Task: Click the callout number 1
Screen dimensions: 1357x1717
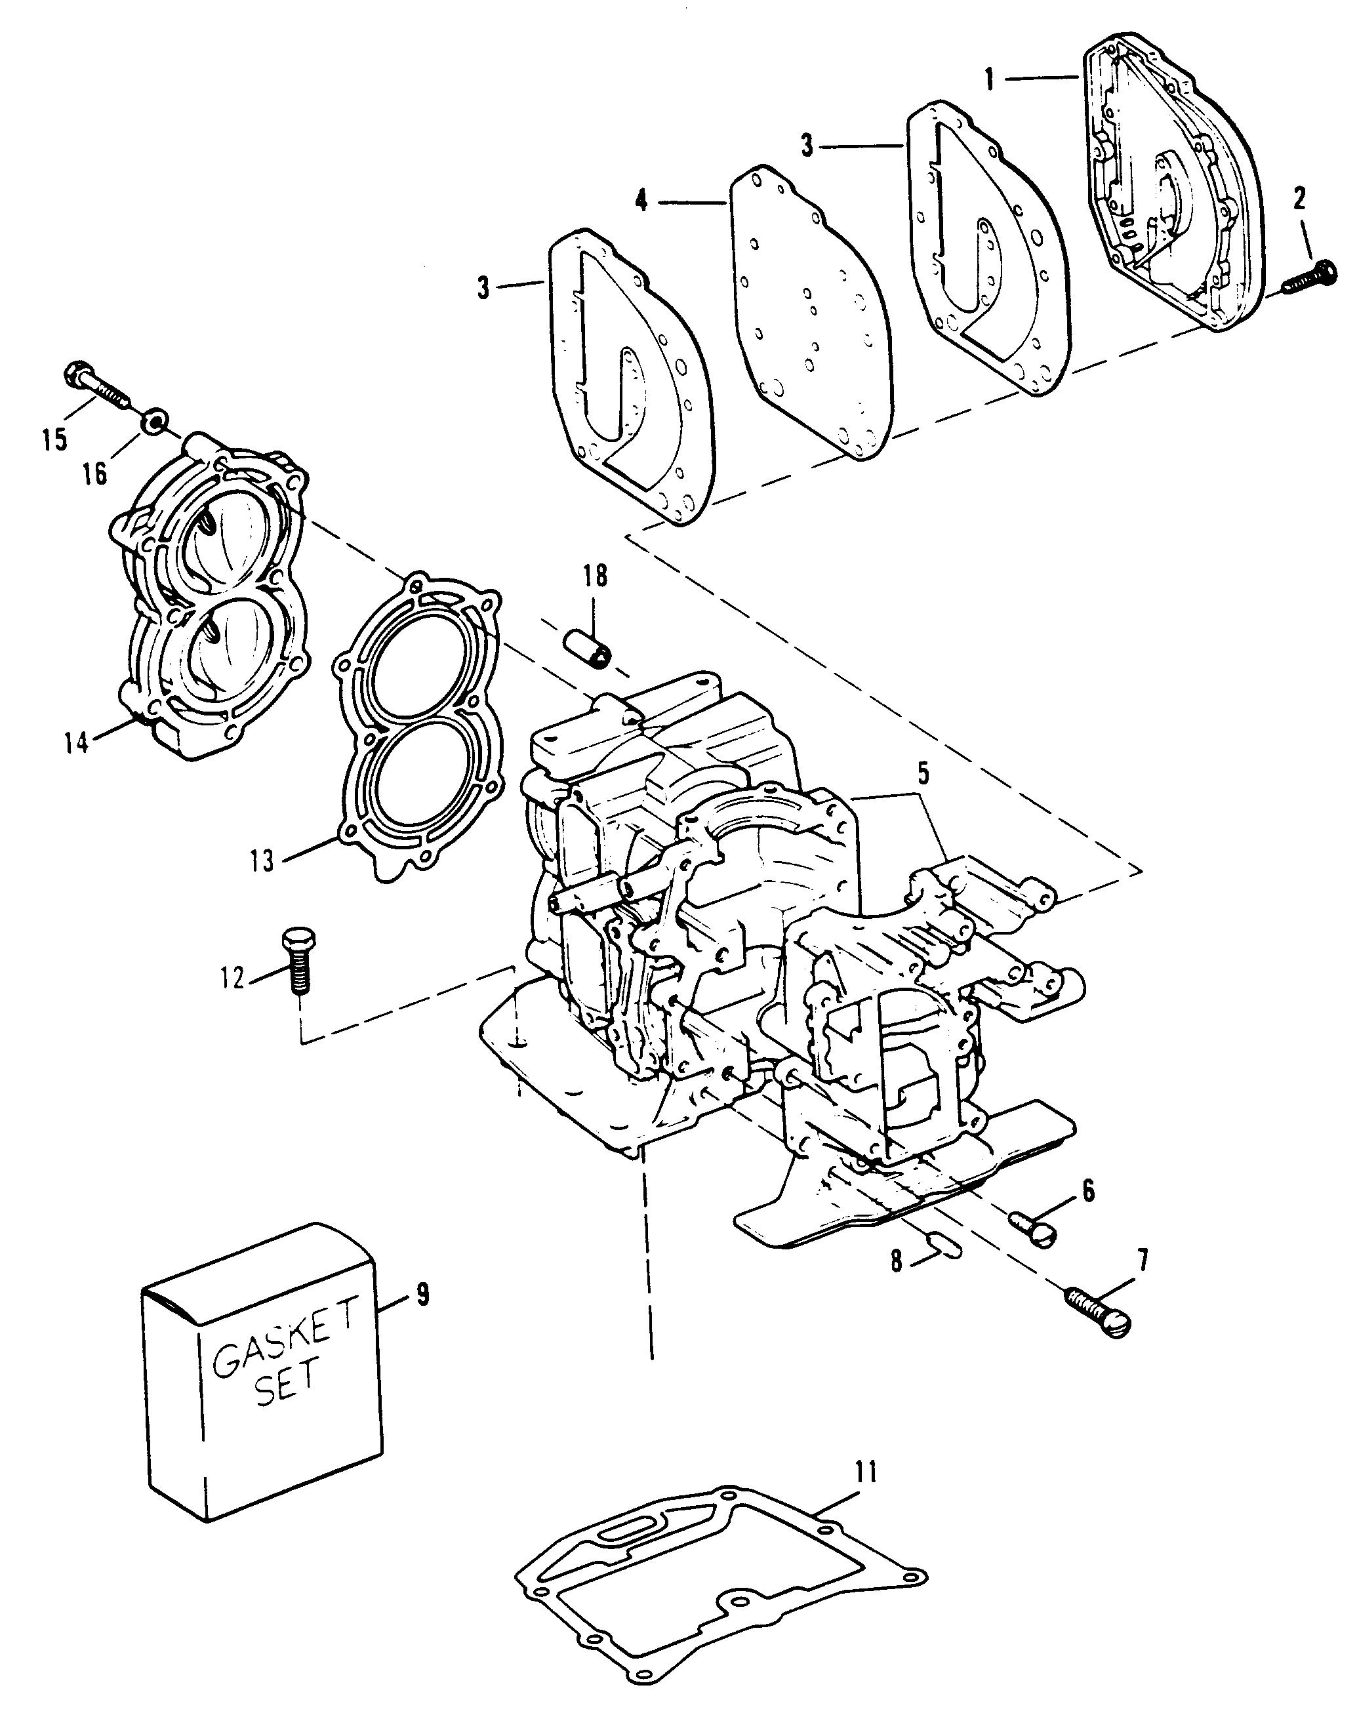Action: point(990,79)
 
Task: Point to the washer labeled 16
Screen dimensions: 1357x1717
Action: point(155,420)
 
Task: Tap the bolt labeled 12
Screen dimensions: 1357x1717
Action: point(296,961)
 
